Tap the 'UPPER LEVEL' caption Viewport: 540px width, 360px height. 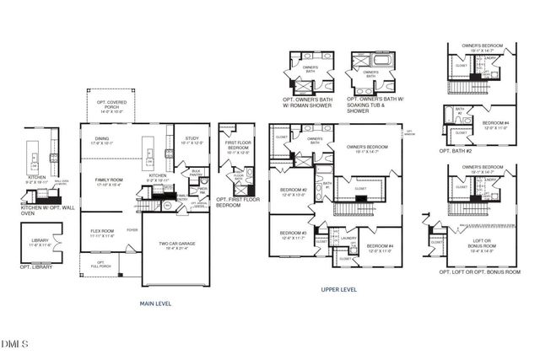coord(339,289)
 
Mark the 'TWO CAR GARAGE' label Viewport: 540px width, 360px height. coord(176,244)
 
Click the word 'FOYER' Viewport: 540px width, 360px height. coord(132,228)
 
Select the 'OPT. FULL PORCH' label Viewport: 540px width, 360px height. coord(100,265)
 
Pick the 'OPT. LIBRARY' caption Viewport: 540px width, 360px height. coord(37,266)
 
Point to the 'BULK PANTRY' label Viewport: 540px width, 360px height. coord(196,171)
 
